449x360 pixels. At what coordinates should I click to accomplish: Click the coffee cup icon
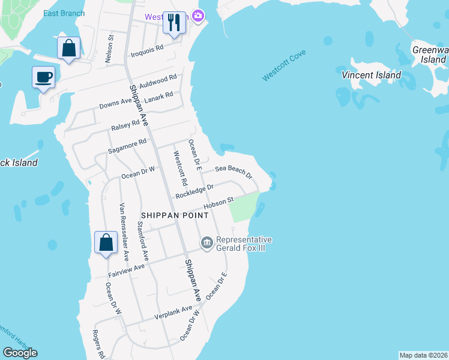pos(43,77)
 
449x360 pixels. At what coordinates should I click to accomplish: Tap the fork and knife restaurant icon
pos(174,23)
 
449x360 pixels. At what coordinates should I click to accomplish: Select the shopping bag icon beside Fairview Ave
pos(106,243)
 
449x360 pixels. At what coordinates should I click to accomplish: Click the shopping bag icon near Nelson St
pos(69,48)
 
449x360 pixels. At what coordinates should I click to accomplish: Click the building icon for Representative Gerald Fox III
pos(207,242)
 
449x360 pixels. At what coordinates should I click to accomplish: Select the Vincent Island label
pos(371,76)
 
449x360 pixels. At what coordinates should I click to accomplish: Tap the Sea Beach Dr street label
pos(234,172)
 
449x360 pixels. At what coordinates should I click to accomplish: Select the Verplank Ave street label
pos(173,313)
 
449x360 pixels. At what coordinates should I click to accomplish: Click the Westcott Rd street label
pos(179,167)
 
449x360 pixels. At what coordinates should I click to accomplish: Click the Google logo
pos(20,353)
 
